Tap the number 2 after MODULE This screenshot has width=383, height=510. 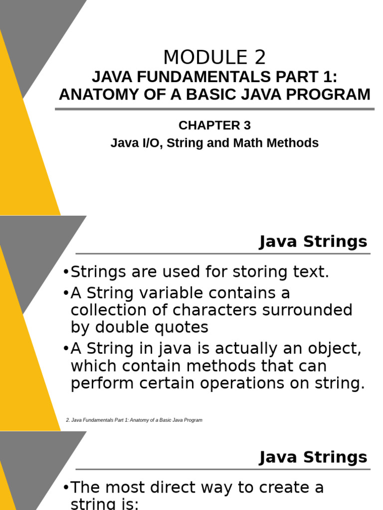(260, 58)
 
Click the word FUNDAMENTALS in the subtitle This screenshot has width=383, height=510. (196, 77)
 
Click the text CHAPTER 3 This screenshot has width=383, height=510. (214, 126)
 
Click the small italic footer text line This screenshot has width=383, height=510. (134, 420)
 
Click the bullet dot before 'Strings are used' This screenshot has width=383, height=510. (66, 273)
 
